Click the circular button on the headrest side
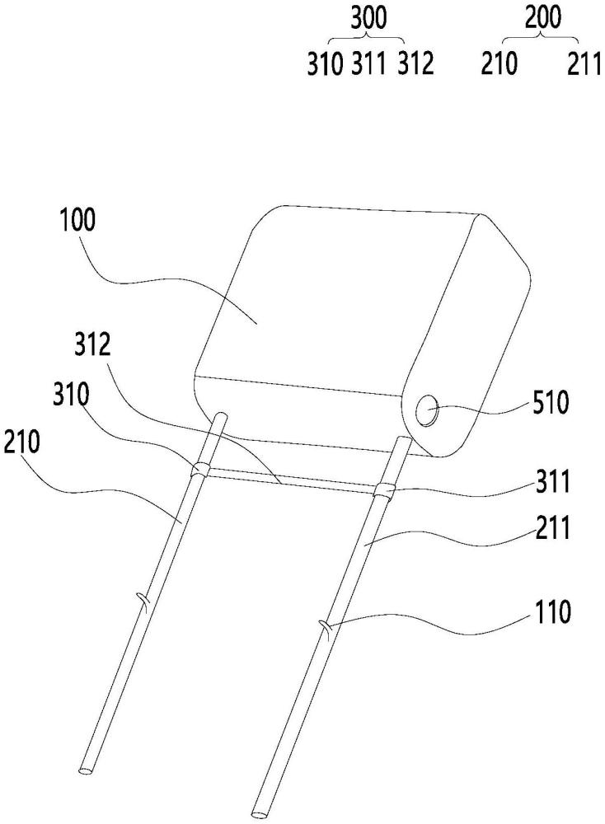point(429,410)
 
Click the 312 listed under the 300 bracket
point(415,65)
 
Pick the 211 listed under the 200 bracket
point(584,65)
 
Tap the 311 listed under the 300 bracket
point(369,65)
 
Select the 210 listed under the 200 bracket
point(500,65)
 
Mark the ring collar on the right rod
point(383,493)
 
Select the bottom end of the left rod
point(86,770)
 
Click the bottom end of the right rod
point(258,816)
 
